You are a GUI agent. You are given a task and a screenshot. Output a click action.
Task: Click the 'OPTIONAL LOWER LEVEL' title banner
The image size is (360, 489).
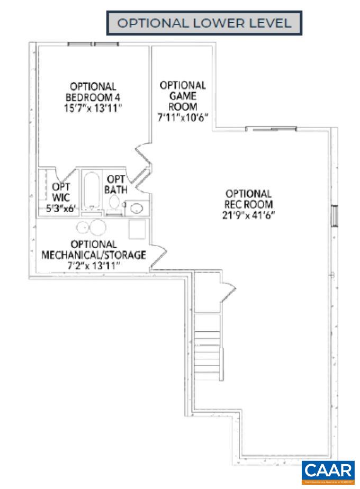pyautogui.click(x=204, y=23)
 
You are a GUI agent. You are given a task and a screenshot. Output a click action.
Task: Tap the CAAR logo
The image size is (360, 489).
pyautogui.click(x=328, y=470)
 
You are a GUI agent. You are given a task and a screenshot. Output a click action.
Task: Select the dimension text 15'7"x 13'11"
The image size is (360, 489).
pyautogui.click(x=94, y=107)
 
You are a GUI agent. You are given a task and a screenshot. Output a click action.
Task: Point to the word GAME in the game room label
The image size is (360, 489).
pyautogui.click(x=183, y=96)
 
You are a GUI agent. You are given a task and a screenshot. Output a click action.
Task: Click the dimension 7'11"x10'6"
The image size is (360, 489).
pyautogui.click(x=183, y=117)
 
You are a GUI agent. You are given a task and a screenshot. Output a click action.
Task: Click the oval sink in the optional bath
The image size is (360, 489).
pyautogui.click(x=137, y=207)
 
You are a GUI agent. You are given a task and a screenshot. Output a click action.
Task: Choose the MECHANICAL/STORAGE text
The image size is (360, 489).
pyautogui.click(x=94, y=255)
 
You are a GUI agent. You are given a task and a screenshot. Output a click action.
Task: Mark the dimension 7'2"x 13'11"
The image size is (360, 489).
pyautogui.click(x=94, y=266)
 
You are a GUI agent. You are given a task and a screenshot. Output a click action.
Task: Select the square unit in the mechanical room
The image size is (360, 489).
pyautogui.click(x=138, y=229)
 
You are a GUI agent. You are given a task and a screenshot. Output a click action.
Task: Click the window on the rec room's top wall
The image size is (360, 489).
pyautogui.click(x=271, y=129)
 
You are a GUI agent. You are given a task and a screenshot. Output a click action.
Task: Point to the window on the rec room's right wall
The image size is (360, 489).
pyautogui.click(x=334, y=216)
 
